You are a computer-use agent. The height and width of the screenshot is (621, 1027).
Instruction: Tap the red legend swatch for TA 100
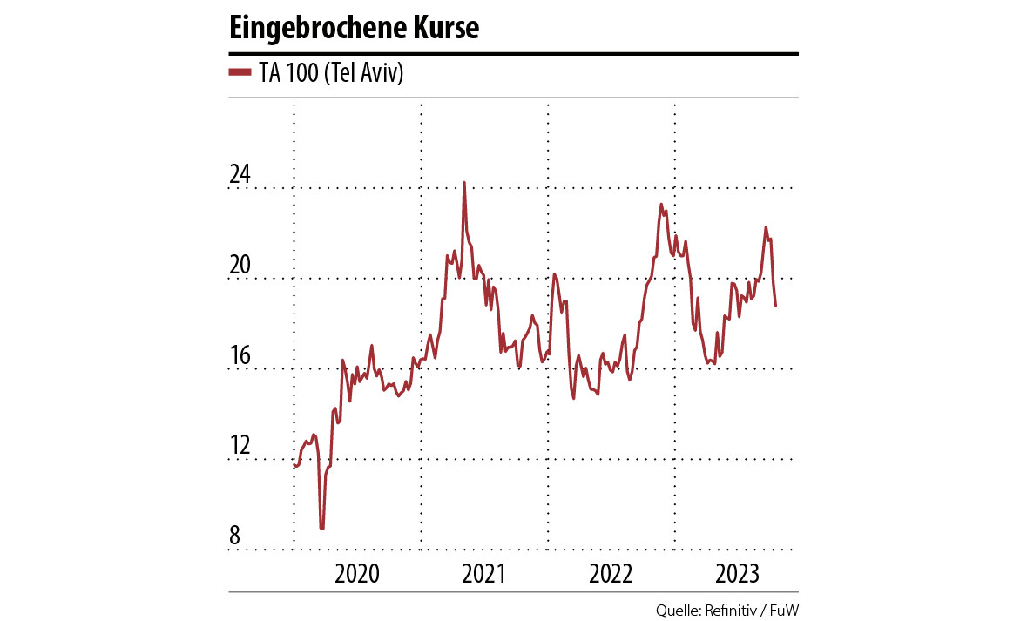pos(240,73)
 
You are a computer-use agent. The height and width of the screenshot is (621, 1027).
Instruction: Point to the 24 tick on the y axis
pos(240,175)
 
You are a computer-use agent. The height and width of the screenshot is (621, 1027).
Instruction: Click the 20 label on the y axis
pos(240,266)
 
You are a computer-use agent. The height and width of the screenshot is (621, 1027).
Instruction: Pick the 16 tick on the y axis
pos(240,356)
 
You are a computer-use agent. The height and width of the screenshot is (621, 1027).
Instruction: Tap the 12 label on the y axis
pos(240,447)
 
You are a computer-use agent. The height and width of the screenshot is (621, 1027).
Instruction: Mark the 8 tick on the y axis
pos(234,537)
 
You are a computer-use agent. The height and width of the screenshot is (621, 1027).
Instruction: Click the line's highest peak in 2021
pos(463,183)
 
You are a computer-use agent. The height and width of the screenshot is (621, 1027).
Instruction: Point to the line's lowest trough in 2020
pos(321,528)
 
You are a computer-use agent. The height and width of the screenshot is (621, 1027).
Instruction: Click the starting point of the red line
pos(294,466)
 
